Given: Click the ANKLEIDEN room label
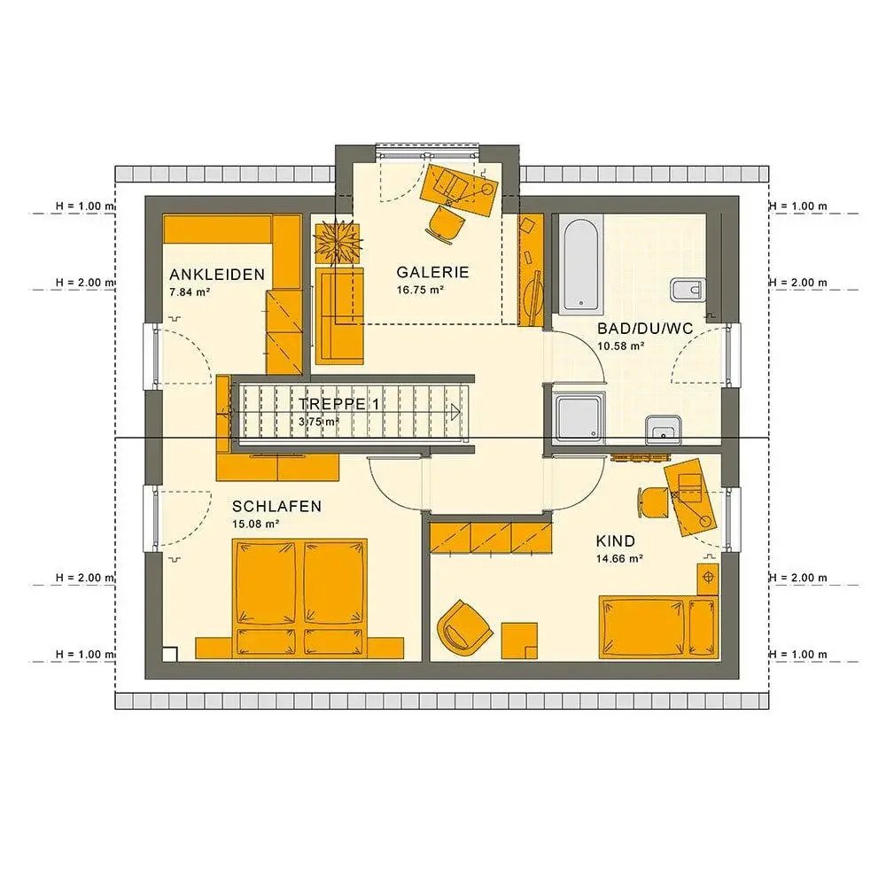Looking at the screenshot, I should (x=217, y=275).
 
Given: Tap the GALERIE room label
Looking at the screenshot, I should (x=432, y=272).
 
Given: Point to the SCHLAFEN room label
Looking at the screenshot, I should (x=276, y=507).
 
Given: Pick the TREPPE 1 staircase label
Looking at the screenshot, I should (x=335, y=403).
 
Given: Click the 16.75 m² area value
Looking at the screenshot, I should (x=420, y=290).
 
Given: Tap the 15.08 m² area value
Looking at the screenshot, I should (x=256, y=525).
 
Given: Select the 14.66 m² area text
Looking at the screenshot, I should (x=619, y=559).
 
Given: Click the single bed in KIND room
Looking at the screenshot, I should (x=657, y=627).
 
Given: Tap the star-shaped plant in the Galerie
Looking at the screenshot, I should (x=338, y=241).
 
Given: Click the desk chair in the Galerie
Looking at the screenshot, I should (x=446, y=221).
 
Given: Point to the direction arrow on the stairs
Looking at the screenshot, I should (x=455, y=411).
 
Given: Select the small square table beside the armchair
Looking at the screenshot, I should (x=519, y=640).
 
